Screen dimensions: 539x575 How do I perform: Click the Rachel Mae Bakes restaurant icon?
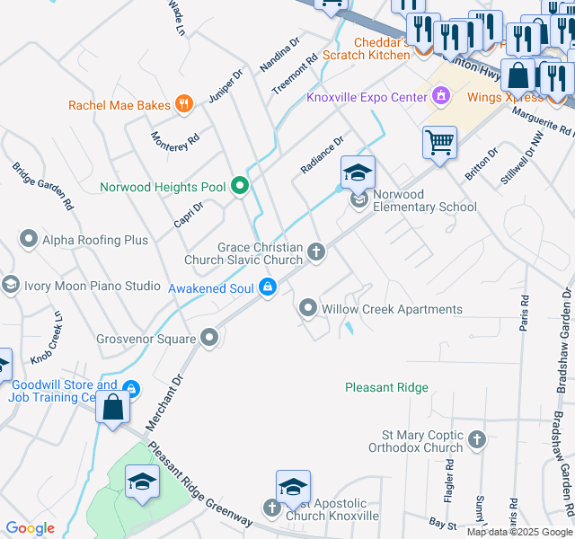click(x=184, y=104)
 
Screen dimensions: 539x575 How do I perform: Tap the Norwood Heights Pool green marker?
click(x=240, y=187)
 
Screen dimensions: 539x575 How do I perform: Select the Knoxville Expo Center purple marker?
click(x=441, y=94)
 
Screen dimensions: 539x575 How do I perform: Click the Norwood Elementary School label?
click(x=424, y=200)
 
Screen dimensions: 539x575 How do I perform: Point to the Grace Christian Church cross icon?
click(x=315, y=252)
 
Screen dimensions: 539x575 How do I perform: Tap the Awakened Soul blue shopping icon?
click(x=267, y=287)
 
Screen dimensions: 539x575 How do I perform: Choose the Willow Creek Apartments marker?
click(x=308, y=309)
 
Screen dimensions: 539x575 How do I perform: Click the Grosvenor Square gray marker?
click(x=210, y=338)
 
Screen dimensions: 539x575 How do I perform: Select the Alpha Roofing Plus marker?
click(x=29, y=239)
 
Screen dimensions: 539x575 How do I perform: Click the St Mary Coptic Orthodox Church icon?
click(x=477, y=440)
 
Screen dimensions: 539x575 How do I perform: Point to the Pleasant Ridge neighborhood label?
click(x=386, y=387)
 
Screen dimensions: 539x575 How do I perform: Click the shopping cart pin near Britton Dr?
click(x=439, y=142)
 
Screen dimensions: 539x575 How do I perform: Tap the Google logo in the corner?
click(x=30, y=528)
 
